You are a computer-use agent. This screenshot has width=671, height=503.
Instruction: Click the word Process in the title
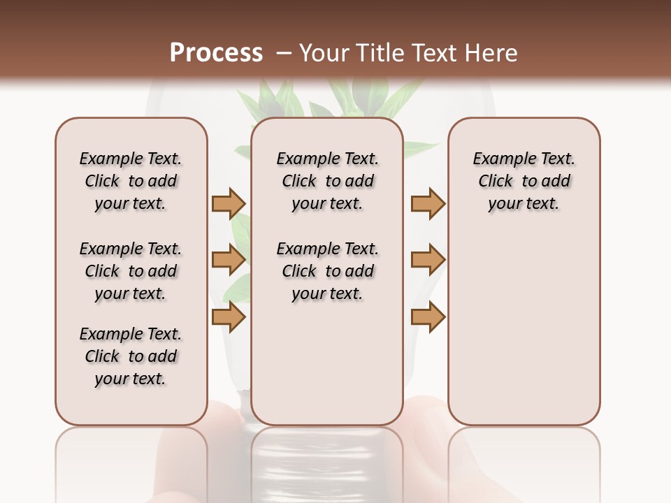[x=216, y=53]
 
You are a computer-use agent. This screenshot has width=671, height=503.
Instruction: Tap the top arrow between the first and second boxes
[x=228, y=203]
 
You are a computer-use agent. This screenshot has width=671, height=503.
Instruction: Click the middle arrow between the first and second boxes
[x=228, y=260]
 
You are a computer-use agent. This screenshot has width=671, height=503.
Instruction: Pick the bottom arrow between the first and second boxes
[x=228, y=317]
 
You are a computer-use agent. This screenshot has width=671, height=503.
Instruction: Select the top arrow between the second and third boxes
[x=427, y=203]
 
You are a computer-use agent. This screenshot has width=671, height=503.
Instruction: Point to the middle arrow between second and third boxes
[x=427, y=260]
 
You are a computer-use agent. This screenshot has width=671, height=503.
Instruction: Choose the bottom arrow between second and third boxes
[x=427, y=317]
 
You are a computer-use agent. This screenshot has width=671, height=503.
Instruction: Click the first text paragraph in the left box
[x=131, y=181]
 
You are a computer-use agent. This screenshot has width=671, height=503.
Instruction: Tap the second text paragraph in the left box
[x=131, y=271]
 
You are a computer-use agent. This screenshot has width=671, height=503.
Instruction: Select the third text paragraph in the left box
[x=131, y=356]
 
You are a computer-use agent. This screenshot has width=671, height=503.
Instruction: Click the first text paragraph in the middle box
[x=328, y=181]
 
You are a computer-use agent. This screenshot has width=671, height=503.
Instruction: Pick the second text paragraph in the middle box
[x=328, y=271]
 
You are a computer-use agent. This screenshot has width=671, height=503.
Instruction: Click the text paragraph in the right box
[x=524, y=181]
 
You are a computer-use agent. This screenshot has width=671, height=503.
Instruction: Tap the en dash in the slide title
[x=284, y=54]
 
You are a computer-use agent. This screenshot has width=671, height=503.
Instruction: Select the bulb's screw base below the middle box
[x=327, y=461]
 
